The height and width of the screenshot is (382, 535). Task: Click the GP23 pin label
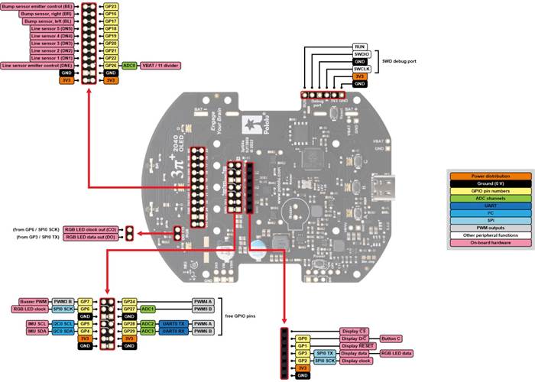110,6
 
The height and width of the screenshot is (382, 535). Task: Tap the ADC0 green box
129,66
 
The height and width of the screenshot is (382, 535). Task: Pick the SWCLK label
362,69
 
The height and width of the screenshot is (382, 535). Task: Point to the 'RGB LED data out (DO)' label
92,237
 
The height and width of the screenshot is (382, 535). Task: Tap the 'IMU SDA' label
34,331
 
